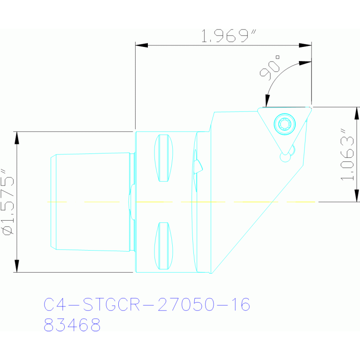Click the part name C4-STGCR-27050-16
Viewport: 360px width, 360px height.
coord(147,305)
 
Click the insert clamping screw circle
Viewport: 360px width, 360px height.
coord(284,124)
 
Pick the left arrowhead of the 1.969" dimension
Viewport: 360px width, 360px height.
coord(141,46)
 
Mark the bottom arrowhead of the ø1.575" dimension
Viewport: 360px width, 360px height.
coord(17,266)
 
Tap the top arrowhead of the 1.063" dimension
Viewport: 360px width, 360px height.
coord(357,113)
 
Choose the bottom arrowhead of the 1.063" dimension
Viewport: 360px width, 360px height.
coord(357,196)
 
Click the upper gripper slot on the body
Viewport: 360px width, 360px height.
coord(163,158)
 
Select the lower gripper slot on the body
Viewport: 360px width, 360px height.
coord(163,245)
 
